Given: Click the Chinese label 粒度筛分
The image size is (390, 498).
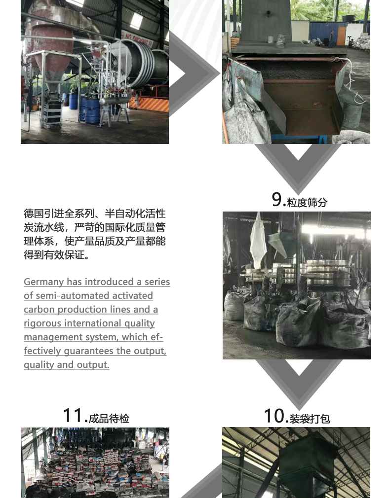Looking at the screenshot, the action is [307, 202].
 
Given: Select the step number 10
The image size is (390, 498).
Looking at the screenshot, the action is [276, 416].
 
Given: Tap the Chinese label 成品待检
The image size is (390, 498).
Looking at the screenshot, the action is [109, 419].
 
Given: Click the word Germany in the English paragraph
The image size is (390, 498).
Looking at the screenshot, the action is [44, 282].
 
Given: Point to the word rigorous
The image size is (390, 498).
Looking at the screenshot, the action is [42, 323].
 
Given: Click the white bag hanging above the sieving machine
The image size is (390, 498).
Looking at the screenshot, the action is [258, 242].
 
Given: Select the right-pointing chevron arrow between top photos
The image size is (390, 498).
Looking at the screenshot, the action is [195, 73].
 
